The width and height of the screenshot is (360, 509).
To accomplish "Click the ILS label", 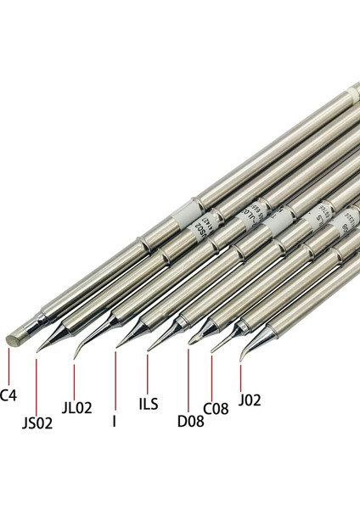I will [x=147, y=404].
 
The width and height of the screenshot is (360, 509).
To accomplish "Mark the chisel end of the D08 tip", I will [x=190, y=343].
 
